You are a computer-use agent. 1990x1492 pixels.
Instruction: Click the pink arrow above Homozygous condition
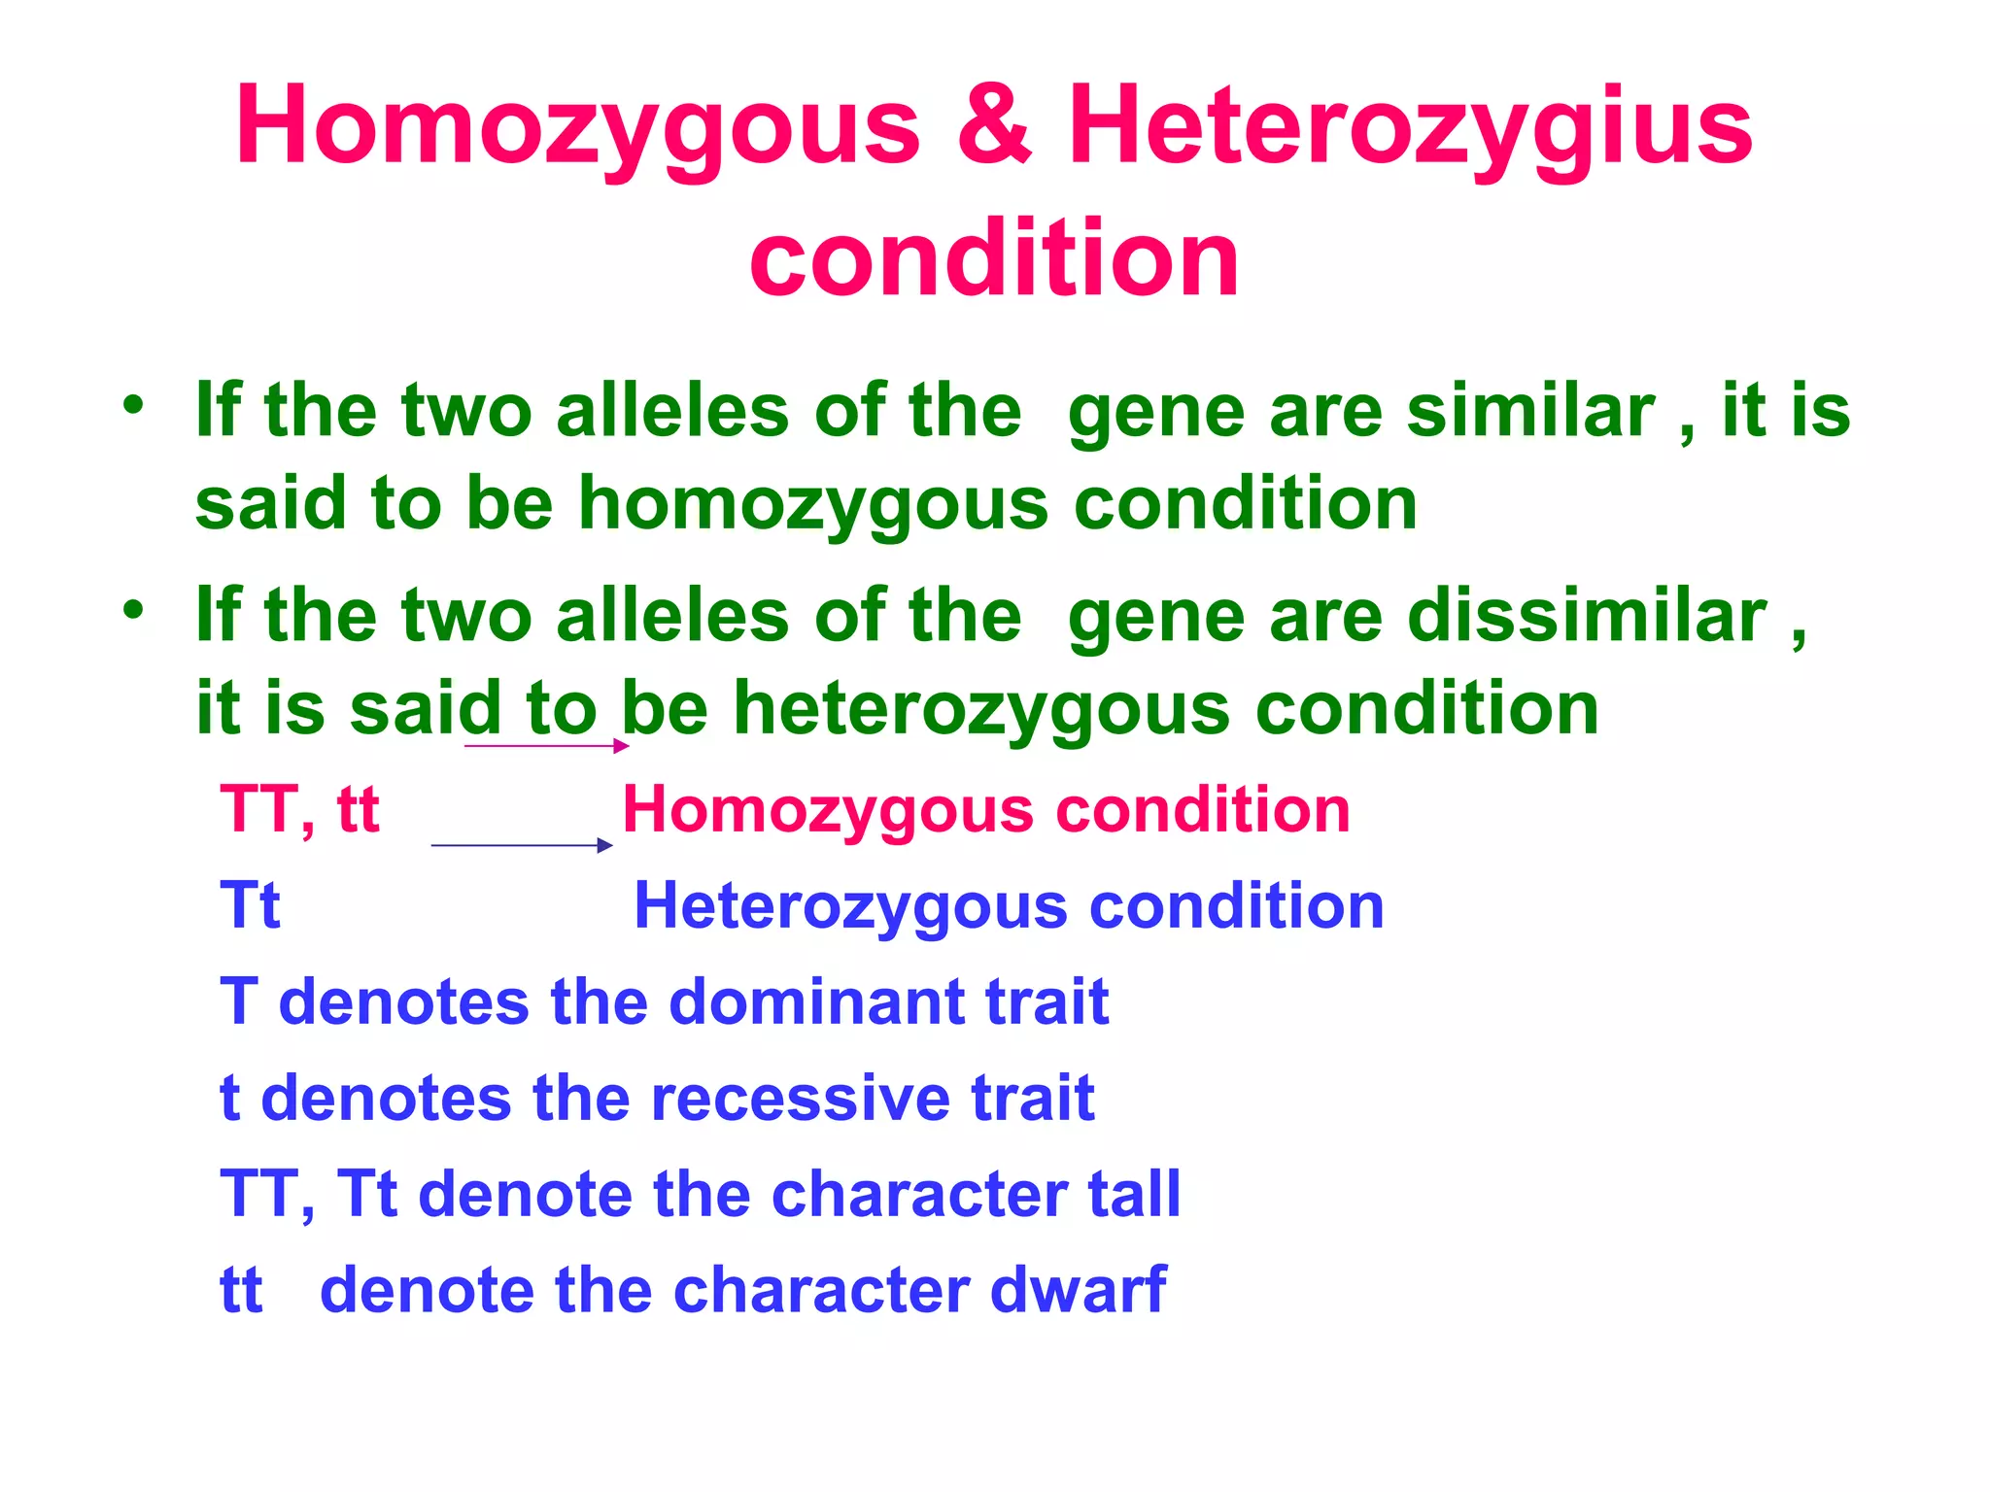tap(547, 746)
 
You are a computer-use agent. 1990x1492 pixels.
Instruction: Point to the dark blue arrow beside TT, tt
tap(522, 845)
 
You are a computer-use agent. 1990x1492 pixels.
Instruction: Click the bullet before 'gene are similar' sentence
tap(133, 404)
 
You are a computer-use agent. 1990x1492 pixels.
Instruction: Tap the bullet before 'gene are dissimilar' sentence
tap(133, 610)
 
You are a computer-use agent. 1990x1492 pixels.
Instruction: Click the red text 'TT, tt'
tap(299, 809)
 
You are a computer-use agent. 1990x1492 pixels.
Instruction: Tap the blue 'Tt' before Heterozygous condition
tap(250, 905)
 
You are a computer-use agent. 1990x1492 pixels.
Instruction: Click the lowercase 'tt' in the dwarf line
tap(241, 1290)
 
